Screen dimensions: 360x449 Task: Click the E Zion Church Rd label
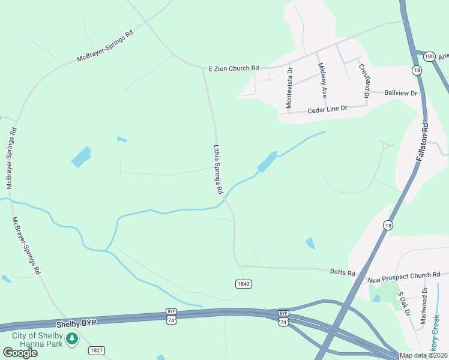tap(234, 68)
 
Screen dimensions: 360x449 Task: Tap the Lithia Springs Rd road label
tap(218, 169)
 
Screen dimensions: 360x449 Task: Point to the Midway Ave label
tap(322, 80)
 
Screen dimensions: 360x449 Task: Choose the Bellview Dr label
tap(400, 93)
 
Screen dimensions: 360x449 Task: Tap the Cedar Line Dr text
tap(327, 110)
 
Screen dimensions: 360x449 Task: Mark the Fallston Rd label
tap(421, 142)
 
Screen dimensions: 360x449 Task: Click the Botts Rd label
tap(343, 272)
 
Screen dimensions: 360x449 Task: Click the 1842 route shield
tap(243, 284)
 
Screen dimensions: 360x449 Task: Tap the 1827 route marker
tap(96, 350)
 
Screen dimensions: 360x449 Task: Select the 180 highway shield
tap(428, 56)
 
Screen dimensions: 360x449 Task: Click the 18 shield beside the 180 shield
tap(417, 70)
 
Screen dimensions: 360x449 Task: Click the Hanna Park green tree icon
tap(72, 339)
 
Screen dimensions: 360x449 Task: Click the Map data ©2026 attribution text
tap(423, 355)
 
